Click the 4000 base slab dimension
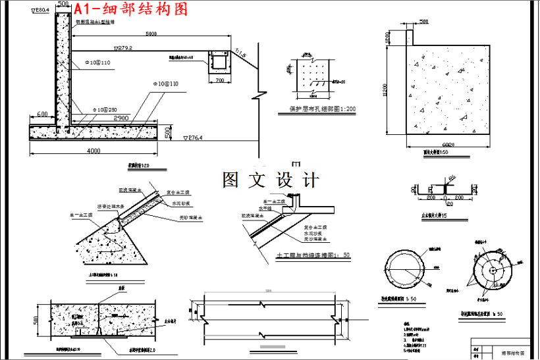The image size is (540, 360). (94, 151)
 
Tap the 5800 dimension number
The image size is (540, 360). (151, 34)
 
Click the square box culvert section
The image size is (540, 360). (217, 63)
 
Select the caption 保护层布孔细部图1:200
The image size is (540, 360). (322, 109)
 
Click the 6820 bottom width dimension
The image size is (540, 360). (448, 145)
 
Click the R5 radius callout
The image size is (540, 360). (452, 179)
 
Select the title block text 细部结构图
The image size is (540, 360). (514, 353)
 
